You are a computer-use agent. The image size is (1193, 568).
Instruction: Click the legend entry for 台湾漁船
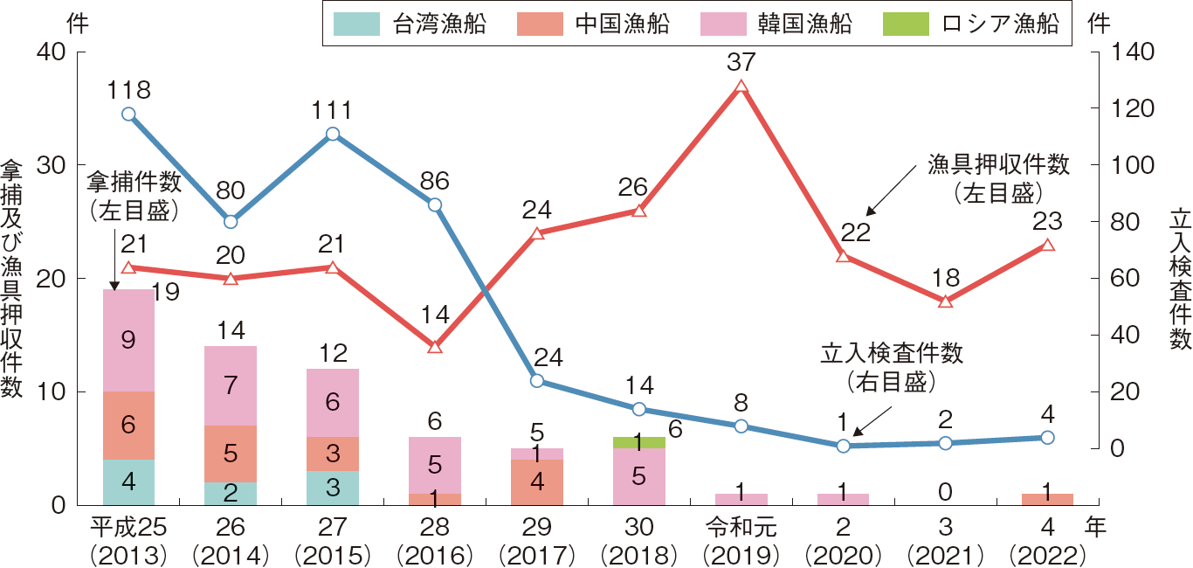410,24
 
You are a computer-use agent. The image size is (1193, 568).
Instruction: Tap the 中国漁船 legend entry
594,24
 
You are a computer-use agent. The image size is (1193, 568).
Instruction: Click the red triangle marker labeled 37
741,87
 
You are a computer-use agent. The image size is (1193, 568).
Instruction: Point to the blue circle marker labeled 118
128,114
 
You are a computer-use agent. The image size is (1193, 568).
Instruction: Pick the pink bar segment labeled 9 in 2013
128,340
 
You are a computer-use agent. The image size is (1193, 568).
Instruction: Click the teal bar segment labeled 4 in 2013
128,481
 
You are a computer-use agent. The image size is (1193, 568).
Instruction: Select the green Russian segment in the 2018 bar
639,442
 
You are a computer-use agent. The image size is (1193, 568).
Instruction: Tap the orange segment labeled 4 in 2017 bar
537,481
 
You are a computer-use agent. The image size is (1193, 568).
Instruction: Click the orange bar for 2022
1047,499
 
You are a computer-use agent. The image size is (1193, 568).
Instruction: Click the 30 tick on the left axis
52,165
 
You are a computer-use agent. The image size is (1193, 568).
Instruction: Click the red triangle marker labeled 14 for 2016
435,346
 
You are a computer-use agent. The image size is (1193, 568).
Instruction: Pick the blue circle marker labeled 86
435,204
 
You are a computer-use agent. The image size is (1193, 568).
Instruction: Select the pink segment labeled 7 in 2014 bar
231,385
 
